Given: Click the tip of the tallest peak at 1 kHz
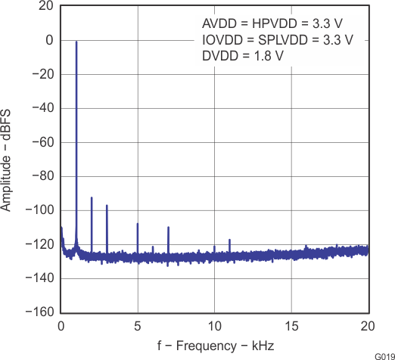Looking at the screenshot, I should pyautogui.click(x=76, y=42).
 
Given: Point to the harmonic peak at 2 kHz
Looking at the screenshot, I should pyautogui.click(x=92, y=198).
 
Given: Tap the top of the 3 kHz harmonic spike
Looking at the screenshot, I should pyautogui.click(x=107, y=206).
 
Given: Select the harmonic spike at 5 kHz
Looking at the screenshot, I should pyautogui.click(x=138, y=224).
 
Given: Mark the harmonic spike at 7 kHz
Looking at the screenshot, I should pyautogui.click(x=168, y=227).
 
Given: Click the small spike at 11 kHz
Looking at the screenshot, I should pyautogui.click(x=229, y=240).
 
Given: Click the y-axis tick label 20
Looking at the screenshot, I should pyautogui.click(x=46, y=6).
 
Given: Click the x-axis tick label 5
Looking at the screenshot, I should pyautogui.click(x=138, y=327).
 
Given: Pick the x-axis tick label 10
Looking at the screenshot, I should pyautogui.click(x=214, y=327).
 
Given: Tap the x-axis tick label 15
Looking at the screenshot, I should pyautogui.click(x=291, y=327).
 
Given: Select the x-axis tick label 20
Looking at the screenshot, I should pyautogui.click(x=368, y=327).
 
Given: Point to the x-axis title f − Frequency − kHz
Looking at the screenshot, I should pyautogui.click(x=215, y=346).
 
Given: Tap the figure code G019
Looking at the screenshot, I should pyautogui.click(x=382, y=355).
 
